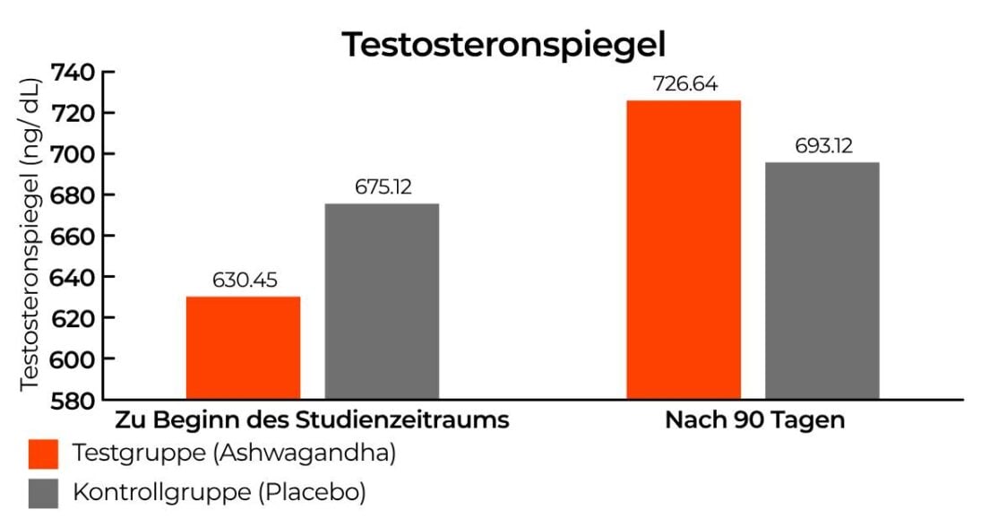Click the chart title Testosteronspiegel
click(503, 44)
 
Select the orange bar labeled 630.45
click(243, 348)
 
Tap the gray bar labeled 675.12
click(382, 301)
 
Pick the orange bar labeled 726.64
click(684, 249)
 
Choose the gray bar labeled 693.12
click(822, 281)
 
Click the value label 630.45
click(244, 281)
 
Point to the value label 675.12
click(382, 188)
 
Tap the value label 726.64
click(684, 84)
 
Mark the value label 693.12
click(823, 146)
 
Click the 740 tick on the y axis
click(72, 73)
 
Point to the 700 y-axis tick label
click(72, 154)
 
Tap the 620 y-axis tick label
click(72, 318)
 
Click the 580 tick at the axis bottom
click(72, 400)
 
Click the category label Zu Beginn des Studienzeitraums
click(312, 419)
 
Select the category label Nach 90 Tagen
click(754, 419)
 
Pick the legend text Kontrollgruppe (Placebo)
click(219, 492)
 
